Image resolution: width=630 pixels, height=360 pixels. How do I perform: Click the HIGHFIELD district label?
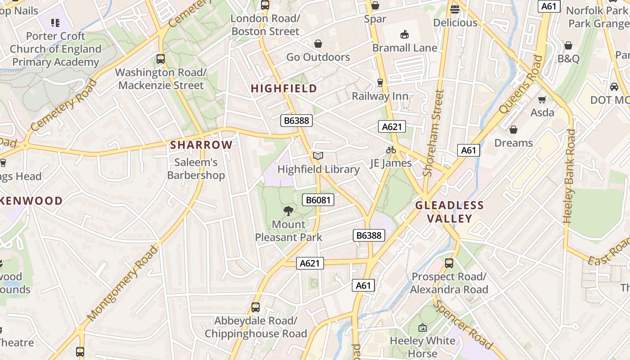point(284,88)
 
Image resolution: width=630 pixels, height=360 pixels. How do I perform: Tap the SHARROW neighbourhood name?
point(201,145)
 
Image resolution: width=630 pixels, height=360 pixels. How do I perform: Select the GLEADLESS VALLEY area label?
point(449,212)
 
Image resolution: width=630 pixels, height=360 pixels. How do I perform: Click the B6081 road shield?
point(319,200)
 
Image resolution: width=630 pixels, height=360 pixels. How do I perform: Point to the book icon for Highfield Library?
point(318,156)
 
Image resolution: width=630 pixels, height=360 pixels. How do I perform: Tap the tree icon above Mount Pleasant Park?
point(288,211)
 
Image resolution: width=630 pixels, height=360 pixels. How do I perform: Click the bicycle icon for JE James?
point(391,150)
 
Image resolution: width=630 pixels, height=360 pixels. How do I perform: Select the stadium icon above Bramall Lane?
point(404,34)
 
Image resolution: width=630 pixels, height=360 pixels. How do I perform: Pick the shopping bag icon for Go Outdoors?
point(318,44)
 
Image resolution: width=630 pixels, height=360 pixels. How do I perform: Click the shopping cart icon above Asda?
point(542,99)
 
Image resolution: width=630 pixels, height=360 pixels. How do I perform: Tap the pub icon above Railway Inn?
point(380,82)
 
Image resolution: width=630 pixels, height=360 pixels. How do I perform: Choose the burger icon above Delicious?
point(455,9)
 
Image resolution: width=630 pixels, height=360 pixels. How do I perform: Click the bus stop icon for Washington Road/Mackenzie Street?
point(161,58)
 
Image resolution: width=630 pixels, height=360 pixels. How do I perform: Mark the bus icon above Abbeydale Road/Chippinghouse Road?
point(256,307)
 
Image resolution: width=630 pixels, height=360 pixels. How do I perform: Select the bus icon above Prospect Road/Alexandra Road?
point(449,263)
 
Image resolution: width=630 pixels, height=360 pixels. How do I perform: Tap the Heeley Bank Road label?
point(569,176)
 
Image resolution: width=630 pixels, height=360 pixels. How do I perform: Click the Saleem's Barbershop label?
point(196,169)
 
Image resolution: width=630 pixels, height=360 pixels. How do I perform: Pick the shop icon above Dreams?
point(513,130)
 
